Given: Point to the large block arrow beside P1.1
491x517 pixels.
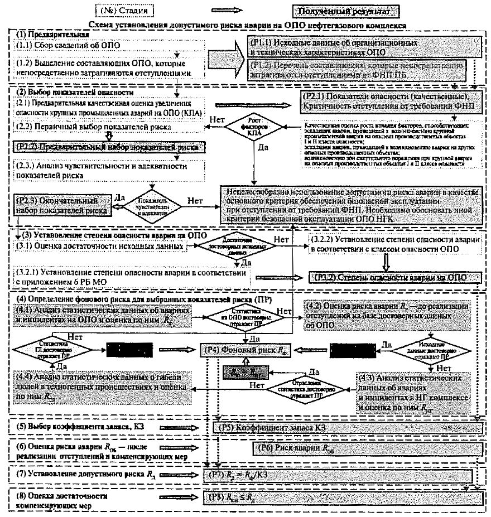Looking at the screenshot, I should [226, 56].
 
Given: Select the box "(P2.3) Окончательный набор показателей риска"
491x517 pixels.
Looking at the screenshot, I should [62, 205].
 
